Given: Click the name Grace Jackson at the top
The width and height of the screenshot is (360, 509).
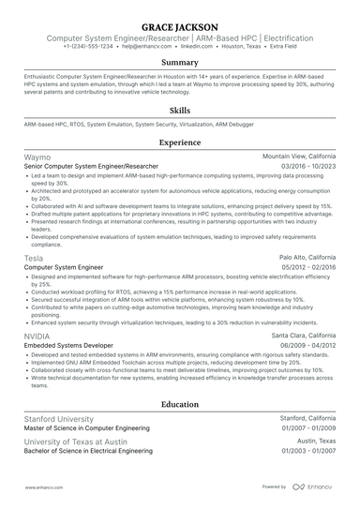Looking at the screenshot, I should point(179,25).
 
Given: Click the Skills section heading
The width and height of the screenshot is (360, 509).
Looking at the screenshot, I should point(179,109).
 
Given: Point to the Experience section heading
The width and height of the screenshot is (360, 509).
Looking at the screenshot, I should point(179,142).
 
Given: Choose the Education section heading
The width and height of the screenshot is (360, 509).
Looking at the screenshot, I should point(179,404).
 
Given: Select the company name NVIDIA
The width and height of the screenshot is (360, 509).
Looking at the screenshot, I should point(38,335).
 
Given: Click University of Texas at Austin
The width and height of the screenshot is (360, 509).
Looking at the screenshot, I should point(77,441).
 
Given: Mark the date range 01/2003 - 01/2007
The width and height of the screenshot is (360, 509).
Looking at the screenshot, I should point(308,450).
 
